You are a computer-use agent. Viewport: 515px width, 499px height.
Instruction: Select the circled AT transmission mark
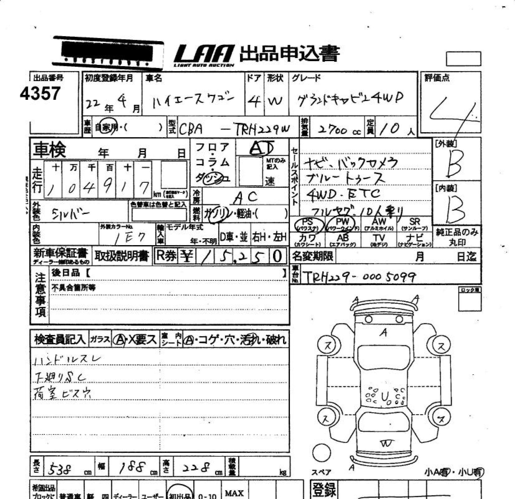click(x=261, y=148)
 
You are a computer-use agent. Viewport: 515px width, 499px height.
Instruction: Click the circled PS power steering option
click(x=307, y=224)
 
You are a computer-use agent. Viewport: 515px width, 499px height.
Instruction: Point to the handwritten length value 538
click(x=60, y=469)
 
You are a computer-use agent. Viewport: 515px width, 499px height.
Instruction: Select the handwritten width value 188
click(x=132, y=468)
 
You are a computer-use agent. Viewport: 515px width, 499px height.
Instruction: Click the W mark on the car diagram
click(x=386, y=444)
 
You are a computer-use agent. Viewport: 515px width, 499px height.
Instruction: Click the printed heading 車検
click(x=49, y=149)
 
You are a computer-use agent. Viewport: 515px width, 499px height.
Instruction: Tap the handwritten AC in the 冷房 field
click(x=245, y=197)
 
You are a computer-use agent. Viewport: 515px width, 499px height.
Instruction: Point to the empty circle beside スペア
click(x=322, y=452)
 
